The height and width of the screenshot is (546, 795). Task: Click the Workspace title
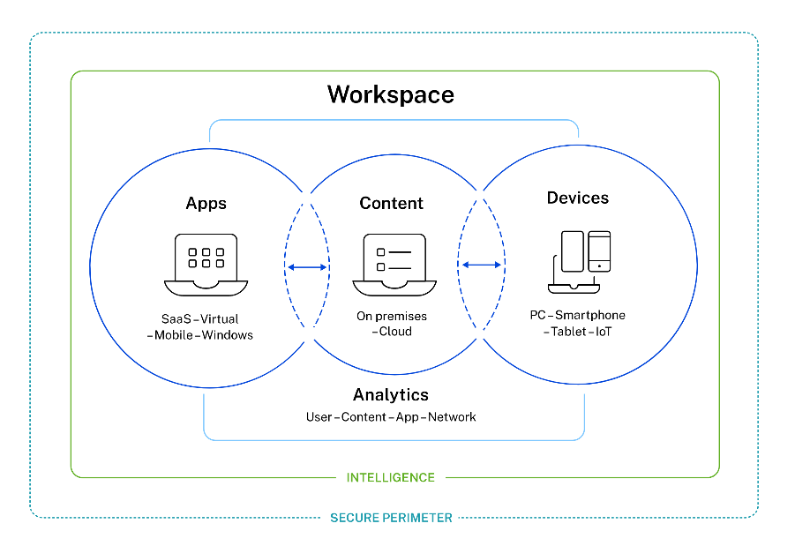tap(390, 94)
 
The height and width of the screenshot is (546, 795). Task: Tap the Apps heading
tap(206, 204)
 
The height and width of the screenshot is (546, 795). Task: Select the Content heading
tap(391, 204)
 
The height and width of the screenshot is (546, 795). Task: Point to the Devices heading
tap(577, 198)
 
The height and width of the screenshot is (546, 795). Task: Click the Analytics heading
tap(390, 395)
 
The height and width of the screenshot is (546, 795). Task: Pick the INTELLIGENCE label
tap(390, 477)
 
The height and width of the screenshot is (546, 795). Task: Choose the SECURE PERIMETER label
tap(391, 518)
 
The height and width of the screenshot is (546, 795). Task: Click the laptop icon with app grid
tap(206, 263)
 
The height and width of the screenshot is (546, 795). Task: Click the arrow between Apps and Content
tap(307, 266)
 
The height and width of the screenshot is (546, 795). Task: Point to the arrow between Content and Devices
tap(482, 265)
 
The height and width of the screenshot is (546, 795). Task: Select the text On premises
tap(391, 316)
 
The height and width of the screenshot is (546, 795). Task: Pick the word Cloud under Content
tap(395, 332)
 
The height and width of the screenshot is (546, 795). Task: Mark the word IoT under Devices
tap(604, 332)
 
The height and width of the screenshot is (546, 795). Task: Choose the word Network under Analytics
tap(452, 416)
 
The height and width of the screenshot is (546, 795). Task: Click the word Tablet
tap(570, 332)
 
